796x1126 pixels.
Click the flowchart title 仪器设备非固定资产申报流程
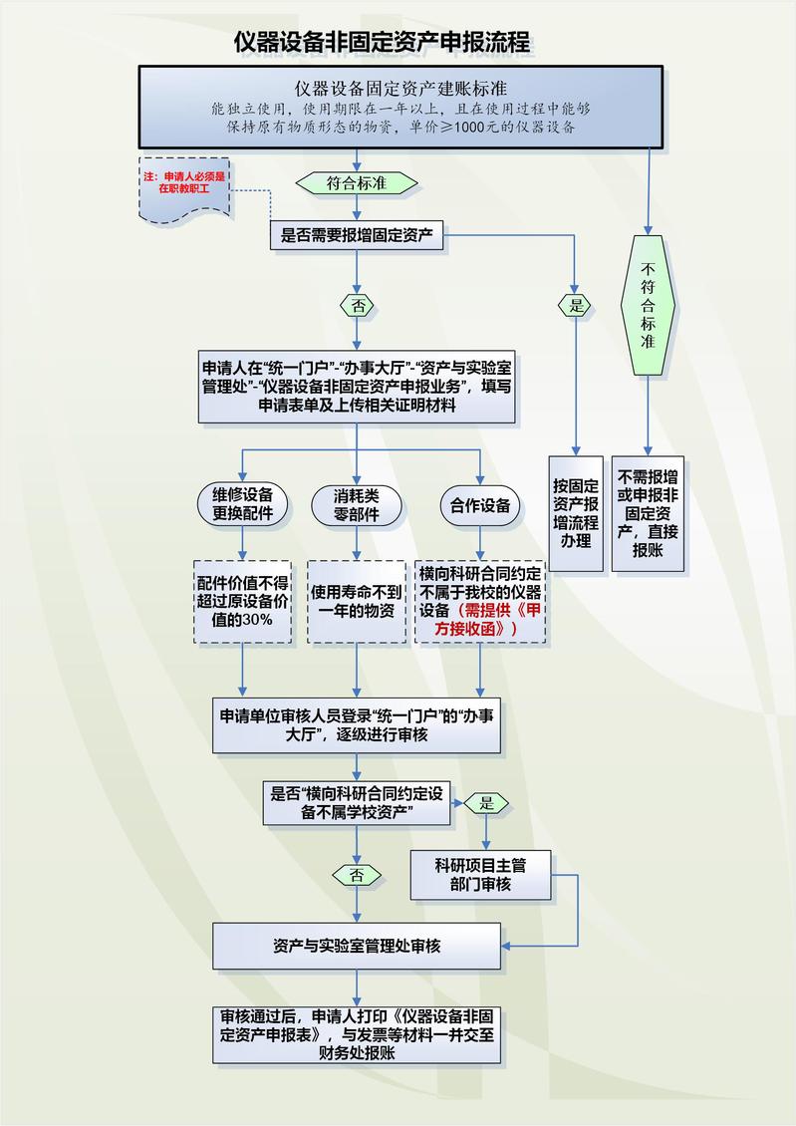tap(382, 42)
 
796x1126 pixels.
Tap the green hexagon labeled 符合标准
tap(357, 183)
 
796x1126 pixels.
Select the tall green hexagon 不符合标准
tap(648, 305)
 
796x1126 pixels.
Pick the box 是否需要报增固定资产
tap(357, 235)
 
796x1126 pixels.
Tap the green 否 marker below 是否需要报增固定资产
tap(357, 305)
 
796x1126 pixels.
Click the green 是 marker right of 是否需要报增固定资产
tap(576, 305)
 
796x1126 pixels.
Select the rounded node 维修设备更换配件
tap(243, 505)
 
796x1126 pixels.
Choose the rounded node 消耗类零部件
tap(356, 505)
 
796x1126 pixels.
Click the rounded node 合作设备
tap(480, 505)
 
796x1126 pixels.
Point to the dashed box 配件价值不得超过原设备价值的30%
tap(243, 600)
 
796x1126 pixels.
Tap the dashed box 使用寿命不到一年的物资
tap(356, 600)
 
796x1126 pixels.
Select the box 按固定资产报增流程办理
tap(576, 513)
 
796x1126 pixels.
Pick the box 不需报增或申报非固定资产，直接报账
tap(648, 513)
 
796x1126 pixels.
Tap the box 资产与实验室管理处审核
tap(357, 946)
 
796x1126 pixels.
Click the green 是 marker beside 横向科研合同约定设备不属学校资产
tap(487, 803)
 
